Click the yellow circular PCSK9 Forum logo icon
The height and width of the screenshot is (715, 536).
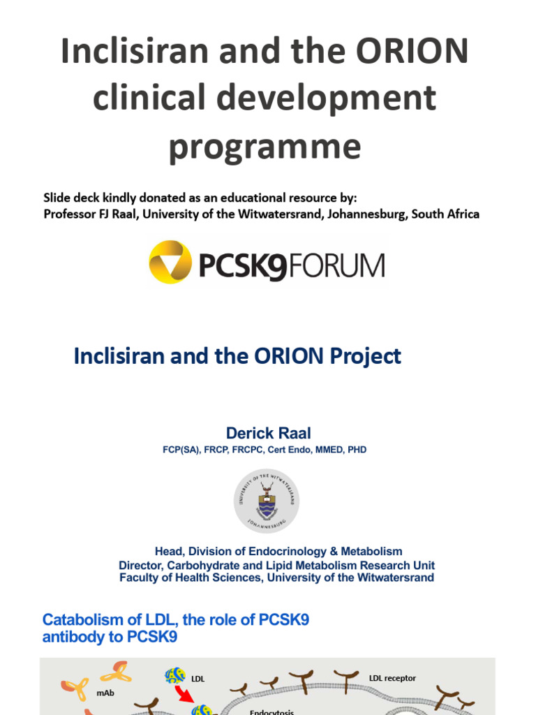pyautogui.click(x=170, y=262)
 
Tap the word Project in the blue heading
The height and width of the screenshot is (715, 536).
pyautogui.click(x=367, y=356)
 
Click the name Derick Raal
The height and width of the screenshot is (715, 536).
pyautogui.click(x=268, y=433)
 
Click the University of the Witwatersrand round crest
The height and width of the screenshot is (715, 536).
pyautogui.click(x=267, y=501)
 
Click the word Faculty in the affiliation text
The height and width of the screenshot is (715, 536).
pyautogui.click(x=139, y=577)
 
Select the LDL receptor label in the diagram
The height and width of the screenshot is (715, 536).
pyautogui.click(x=392, y=678)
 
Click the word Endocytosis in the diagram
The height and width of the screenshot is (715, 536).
pyautogui.click(x=272, y=712)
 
